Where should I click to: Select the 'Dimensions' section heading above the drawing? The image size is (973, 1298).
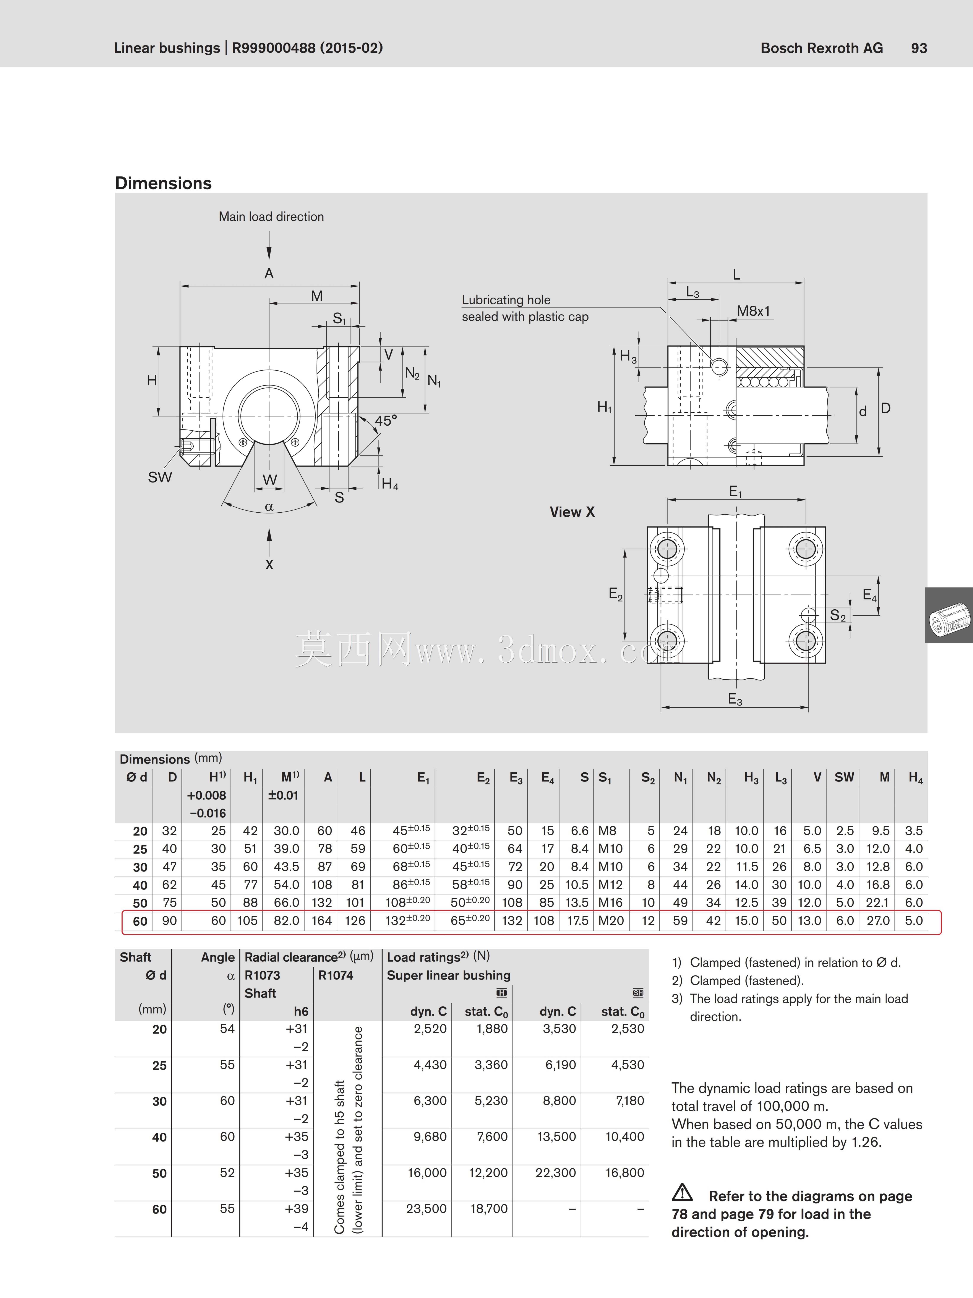(x=163, y=183)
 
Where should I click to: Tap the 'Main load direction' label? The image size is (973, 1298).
(x=271, y=216)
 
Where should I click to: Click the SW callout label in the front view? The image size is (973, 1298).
(x=160, y=477)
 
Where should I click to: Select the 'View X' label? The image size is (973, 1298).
(x=572, y=512)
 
